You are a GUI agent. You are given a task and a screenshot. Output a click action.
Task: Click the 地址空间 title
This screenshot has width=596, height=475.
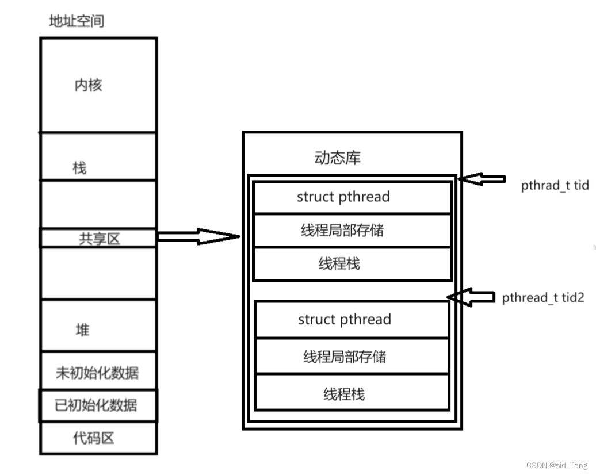pos(77,22)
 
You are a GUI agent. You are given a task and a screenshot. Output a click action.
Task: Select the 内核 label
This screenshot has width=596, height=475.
pos(88,85)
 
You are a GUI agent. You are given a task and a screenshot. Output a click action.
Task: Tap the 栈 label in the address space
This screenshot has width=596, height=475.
pos(79,168)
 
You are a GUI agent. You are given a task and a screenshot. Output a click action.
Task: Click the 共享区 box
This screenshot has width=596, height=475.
pos(98,238)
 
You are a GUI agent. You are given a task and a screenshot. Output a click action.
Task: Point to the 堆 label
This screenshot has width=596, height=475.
pos(83,330)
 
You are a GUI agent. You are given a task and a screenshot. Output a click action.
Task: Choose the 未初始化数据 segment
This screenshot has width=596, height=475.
pos(97,372)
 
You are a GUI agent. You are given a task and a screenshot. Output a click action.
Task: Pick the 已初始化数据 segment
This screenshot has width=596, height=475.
pos(97,405)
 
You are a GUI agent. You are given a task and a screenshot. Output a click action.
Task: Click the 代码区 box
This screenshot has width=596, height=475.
pos(93,438)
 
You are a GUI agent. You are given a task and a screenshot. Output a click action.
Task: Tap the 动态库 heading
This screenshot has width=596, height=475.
pos(338,158)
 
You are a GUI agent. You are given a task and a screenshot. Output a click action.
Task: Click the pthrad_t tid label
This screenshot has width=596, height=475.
pos(555,186)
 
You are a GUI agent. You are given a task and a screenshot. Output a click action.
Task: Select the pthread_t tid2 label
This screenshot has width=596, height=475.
pos(543,297)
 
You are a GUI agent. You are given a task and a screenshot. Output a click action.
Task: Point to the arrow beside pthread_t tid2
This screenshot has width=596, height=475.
pos(471,297)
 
